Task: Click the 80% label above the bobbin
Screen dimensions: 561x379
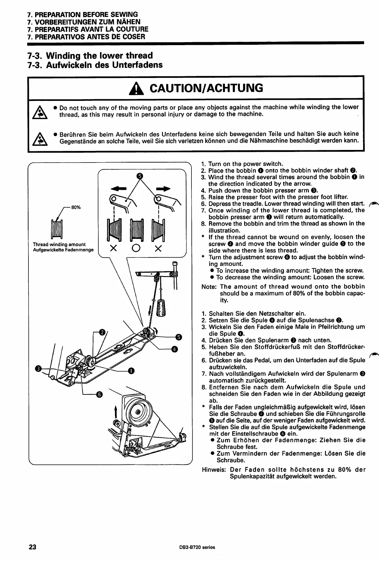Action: click(x=76, y=207)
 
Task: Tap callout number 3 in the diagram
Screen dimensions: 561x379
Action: click(x=38, y=369)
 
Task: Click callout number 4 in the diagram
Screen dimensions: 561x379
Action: click(x=175, y=348)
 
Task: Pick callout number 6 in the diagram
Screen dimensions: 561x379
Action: click(x=99, y=394)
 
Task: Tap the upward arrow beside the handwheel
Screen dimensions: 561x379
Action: click(x=116, y=411)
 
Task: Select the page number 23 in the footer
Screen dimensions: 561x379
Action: click(x=32, y=547)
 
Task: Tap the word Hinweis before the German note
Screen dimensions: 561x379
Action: click(x=214, y=469)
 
